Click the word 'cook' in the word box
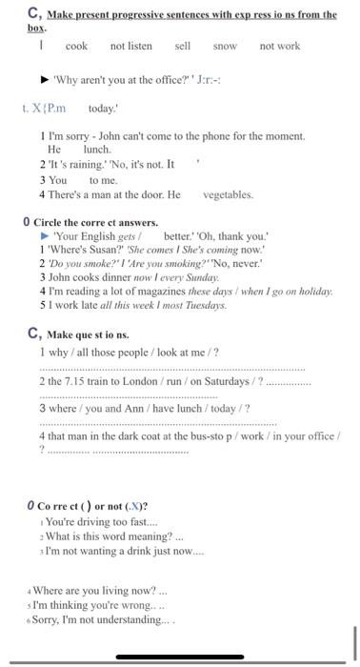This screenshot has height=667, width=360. pos(76,47)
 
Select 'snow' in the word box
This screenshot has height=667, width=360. pos(225,47)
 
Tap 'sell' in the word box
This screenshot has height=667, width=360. pos(183,47)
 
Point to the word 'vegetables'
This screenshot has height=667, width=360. pos(228,194)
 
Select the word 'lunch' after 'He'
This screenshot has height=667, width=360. pos(97,150)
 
